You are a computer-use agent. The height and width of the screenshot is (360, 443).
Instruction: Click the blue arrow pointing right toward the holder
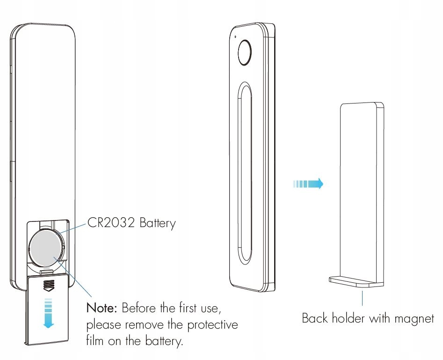[x=308, y=184]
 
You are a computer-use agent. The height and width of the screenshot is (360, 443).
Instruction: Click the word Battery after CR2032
[x=157, y=223]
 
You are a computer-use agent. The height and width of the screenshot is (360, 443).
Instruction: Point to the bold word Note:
[x=102, y=309]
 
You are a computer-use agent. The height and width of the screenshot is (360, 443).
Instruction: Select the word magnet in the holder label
[x=414, y=319]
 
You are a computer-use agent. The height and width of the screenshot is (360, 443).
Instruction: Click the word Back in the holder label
[x=315, y=319]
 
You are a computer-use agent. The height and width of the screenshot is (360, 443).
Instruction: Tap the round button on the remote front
[x=245, y=52]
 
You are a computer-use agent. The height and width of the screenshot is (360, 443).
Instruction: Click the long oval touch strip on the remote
[x=244, y=173]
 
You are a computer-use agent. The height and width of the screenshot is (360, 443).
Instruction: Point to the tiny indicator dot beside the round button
[x=235, y=37]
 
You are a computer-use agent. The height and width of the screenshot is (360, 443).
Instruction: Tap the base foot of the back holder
[x=356, y=281]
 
